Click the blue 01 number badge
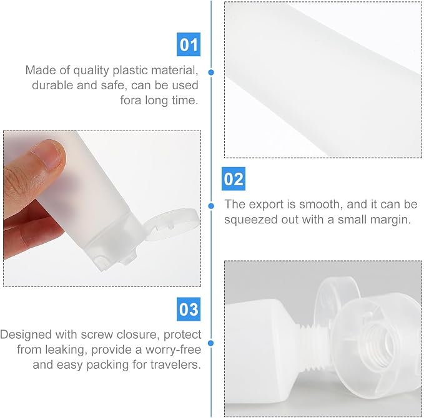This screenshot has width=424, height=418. coord(189,44)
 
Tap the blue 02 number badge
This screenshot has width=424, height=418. coord(234,178)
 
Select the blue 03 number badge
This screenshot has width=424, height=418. coord(189,309)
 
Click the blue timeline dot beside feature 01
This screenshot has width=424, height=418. coord(211,72)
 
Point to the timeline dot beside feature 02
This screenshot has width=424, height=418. coord(211,206)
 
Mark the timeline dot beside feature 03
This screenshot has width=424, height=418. coord(211,343)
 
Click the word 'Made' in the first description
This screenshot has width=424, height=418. coord(41,70)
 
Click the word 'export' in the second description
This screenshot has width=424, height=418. coord(266,204)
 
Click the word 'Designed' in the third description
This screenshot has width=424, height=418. coord(26,334)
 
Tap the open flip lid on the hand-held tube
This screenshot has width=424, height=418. coord(171,223)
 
